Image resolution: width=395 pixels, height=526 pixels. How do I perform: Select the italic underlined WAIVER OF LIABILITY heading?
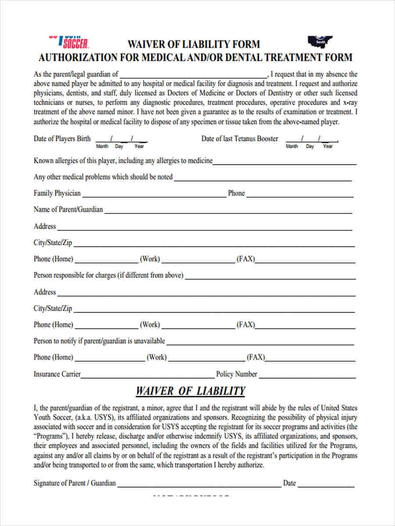190,391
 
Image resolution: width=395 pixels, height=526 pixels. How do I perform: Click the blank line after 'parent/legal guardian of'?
193,75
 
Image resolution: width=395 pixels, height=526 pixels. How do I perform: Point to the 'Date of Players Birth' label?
62,139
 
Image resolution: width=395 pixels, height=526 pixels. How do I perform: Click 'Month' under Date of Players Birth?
102,146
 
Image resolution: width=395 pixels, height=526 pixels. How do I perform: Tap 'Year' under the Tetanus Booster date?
328,146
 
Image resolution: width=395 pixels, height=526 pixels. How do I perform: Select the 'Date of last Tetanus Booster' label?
240,139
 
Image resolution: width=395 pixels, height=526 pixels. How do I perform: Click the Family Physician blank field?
154,195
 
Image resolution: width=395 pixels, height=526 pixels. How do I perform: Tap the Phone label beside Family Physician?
236,193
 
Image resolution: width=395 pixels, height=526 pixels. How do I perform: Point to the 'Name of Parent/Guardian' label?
68,210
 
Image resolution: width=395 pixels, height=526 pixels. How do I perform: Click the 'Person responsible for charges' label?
108,276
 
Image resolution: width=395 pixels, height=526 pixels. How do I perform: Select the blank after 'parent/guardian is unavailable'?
261,343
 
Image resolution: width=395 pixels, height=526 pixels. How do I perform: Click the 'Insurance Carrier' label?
57,374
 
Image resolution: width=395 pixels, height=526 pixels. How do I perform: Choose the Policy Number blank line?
307,376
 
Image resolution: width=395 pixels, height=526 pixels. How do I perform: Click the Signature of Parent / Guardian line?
199,485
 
